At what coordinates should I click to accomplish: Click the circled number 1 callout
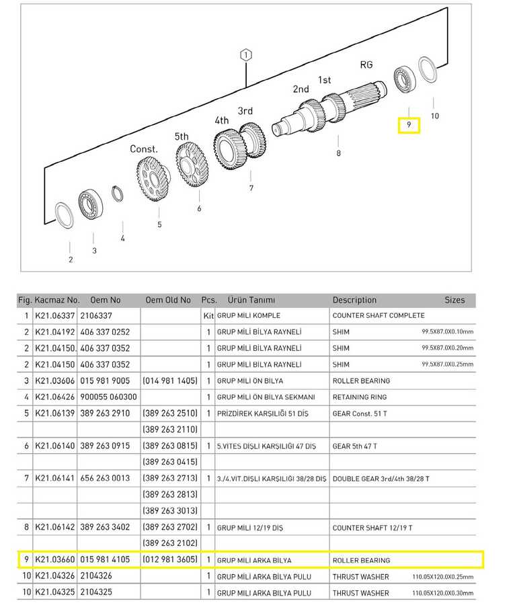[x=246, y=55]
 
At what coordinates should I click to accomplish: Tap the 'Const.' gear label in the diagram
[x=144, y=149]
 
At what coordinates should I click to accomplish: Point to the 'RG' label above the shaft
[x=366, y=65]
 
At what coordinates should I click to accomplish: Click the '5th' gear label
[x=182, y=136]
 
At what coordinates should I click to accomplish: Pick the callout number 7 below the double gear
[x=251, y=188]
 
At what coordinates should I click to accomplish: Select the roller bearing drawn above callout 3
[x=90, y=205]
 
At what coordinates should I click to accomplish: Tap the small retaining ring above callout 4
[x=117, y=194]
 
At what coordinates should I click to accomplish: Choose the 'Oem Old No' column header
[x=168, y=300]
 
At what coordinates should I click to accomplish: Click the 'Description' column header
[x=354, y=300]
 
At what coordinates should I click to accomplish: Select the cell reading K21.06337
[x=54, y=316]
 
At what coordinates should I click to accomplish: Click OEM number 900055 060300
[x=108, y=397]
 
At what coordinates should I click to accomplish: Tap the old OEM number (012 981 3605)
[x=170, y=559]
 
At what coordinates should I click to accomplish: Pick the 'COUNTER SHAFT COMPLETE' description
[x=379, y=316]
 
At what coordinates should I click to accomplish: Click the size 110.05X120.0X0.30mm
[x=442, y=593]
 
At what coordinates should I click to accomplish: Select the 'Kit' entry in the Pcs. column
[x=208, y=316]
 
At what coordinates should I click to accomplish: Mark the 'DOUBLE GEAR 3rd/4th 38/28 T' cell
[x=381, y=479]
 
